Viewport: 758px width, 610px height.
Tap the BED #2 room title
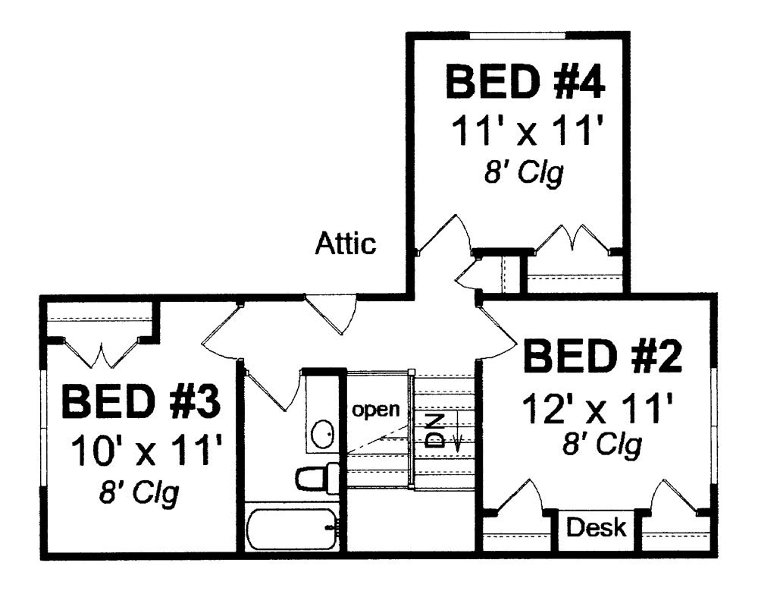(603, 358)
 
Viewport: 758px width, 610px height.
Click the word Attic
(346, 244)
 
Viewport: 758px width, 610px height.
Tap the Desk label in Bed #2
(597, 527)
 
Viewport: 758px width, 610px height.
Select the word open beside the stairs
(374, 410)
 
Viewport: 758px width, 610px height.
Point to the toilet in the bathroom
(312, 478)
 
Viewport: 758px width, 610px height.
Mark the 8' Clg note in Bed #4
(524, 175)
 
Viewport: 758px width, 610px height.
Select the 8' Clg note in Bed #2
(602, 445)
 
